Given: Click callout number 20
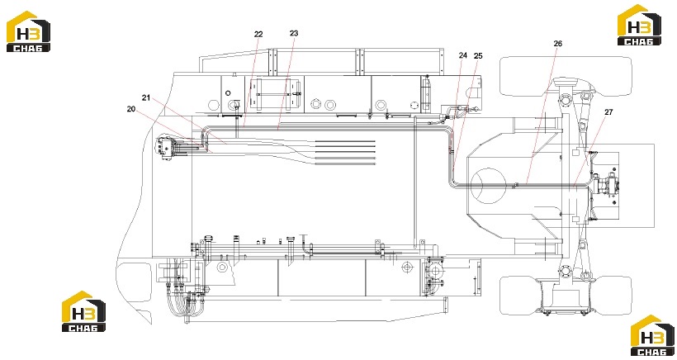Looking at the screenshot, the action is pyautogui.click(x=131, y=109).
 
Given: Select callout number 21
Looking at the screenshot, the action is pyautogui.click(x=146, y=98).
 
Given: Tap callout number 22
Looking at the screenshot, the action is pyautogui.click(x=258, y=34).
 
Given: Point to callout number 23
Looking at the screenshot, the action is pyautogui.click(x=294, y=33).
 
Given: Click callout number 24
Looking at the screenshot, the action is pyautogui.click(x=463, y=55).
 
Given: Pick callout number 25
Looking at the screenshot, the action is pyautogui.click(x=478, y=55).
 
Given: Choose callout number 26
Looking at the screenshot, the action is pyautogui.click(x=558, y=44).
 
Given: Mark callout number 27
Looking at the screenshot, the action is pyautogui.click(x=608, y=111).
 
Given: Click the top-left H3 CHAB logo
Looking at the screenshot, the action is pyautogui.click(x=28, y=31).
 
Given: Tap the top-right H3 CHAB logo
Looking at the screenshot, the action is pyautogui.click(x=639, y=25).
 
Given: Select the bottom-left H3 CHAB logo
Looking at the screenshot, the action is pyautogui.click(x=83, y=311).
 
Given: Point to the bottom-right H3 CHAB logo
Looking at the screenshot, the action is pyautogui.click(x=652, y=335).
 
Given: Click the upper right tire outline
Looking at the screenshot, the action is pyautogui.click(x=566, y=76).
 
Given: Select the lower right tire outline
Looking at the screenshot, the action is pyautogui.click(x=566, y=296).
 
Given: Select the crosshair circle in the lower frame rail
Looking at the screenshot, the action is pyautogui.click(x=405, y=268).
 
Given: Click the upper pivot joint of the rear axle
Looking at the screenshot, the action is pyautogui.click(x=566, y=100).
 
